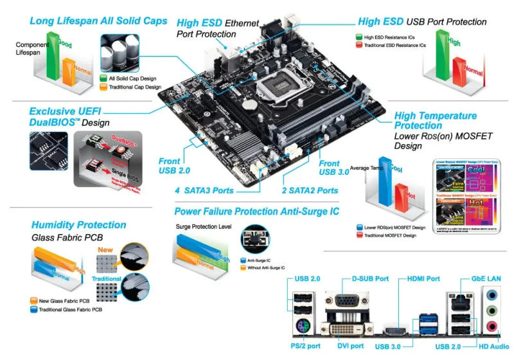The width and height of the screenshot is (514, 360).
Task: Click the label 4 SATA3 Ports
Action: (x=204, y=190)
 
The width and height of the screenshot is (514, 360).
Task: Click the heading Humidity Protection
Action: (x=78, y=225)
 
